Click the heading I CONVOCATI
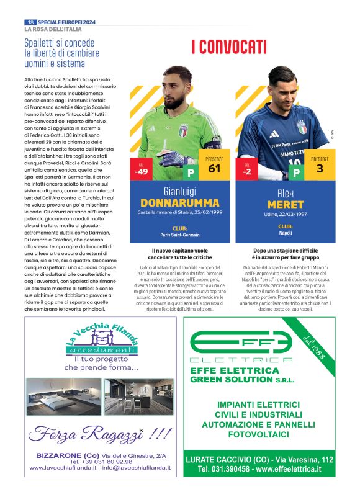(x=228, y=47)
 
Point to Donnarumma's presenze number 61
(x=214, y=168)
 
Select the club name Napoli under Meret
(x=286, y=235)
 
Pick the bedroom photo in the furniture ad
(x=64, y=396)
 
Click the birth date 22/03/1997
(x=295, y=213)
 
